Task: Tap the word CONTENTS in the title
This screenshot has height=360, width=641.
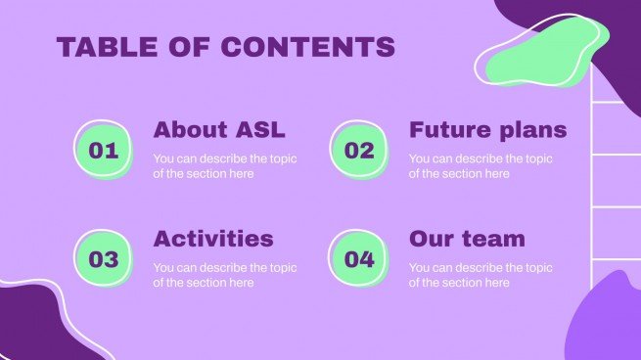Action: coord(308,46)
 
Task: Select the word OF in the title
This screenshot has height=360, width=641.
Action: coord(189,46)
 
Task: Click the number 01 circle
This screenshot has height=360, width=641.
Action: coord(104,150)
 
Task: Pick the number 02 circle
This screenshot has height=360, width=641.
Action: coord(359,150)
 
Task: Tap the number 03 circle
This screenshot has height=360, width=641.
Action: coord(104,258)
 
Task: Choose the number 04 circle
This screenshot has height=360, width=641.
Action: coord(359,258)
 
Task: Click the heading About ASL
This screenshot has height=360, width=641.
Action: coord(219,129)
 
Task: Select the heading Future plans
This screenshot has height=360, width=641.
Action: coord(488,130)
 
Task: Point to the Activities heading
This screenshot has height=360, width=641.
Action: coord(213,239)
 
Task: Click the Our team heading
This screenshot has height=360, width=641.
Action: coord(467,239)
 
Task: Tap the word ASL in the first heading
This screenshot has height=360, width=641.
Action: coord(260,129)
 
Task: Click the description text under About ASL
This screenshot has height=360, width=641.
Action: coord(225,166)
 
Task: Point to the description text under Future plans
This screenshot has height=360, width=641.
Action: coord(481,166)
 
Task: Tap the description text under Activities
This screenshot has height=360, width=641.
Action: coord(225,275)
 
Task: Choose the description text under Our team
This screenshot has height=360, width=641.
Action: coord(481,275)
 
